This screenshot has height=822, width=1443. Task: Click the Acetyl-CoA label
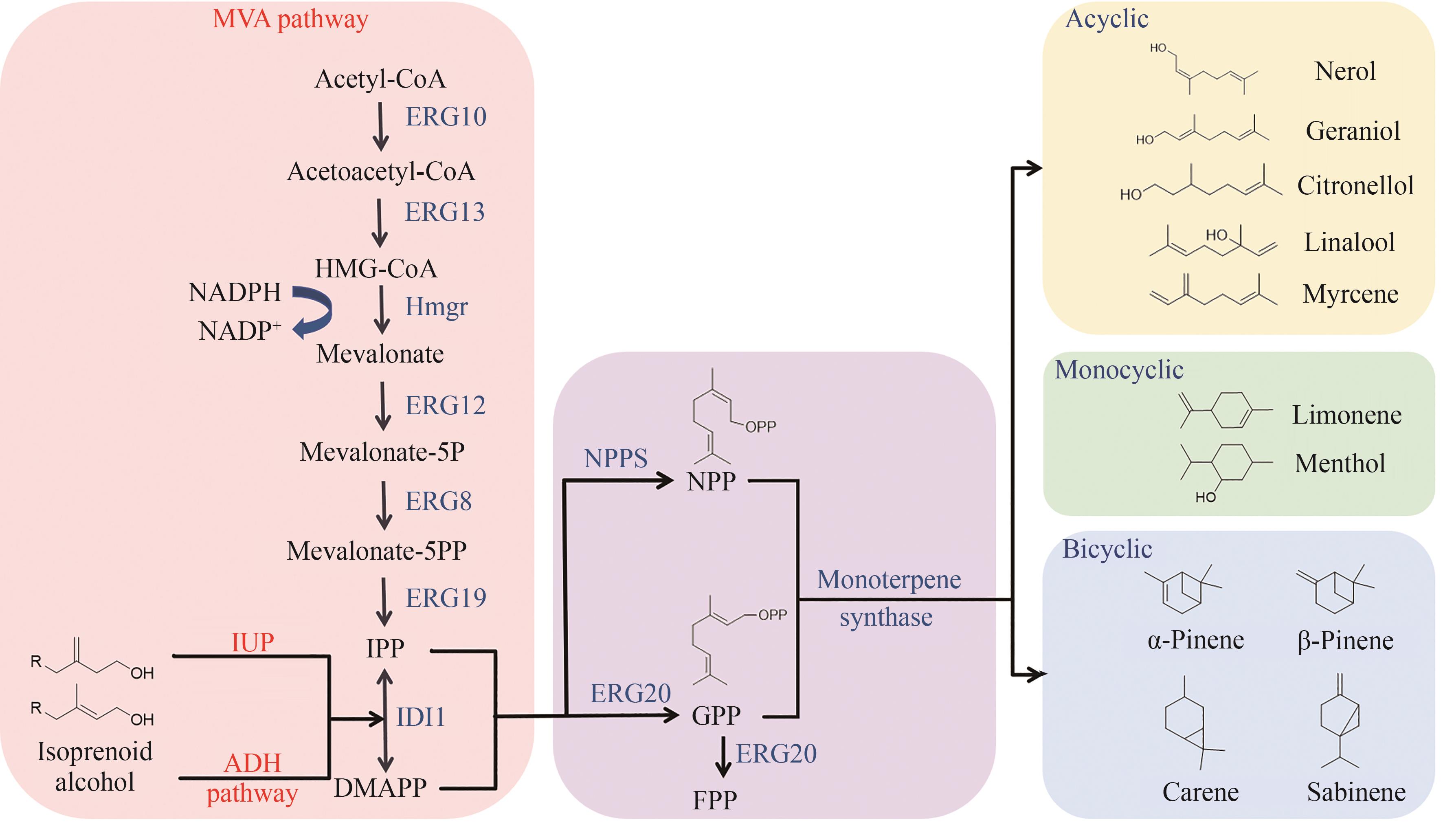pos(380,79)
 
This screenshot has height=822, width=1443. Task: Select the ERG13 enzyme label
pos(445,212)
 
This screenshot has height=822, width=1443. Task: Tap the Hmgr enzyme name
pos(436,307)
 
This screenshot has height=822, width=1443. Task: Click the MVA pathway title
pos(290,19)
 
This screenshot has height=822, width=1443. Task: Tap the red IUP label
pos(252,642)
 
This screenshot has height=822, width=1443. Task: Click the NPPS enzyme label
pos(615,458)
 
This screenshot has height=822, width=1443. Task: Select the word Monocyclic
pos(1118,370)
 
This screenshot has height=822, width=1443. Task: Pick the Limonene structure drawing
pos(1225,411)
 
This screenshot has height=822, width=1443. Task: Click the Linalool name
pos(1349,242)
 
